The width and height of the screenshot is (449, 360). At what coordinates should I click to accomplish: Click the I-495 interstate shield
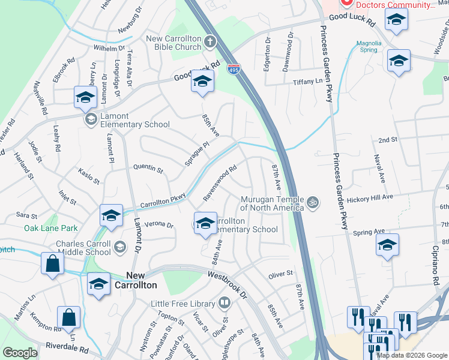(234, 70)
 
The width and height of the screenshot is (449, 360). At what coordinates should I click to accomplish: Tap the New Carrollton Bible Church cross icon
(209, 41)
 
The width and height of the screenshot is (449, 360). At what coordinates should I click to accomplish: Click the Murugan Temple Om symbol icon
(312, 203)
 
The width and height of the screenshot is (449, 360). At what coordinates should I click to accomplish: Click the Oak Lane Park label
(51, 228)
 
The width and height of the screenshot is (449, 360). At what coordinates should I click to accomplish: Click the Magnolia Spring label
(369, 47)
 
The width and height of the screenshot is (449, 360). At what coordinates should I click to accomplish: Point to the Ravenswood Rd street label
(220, 182)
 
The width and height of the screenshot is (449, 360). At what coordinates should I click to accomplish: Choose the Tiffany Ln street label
(307, 82)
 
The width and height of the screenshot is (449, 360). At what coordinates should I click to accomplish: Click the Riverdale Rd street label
(67, 348)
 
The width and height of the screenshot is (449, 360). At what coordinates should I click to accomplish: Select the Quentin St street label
(148, 170)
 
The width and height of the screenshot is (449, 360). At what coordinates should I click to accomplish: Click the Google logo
(19, 353)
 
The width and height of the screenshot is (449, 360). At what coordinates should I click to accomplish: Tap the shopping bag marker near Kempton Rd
(68, 317)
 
